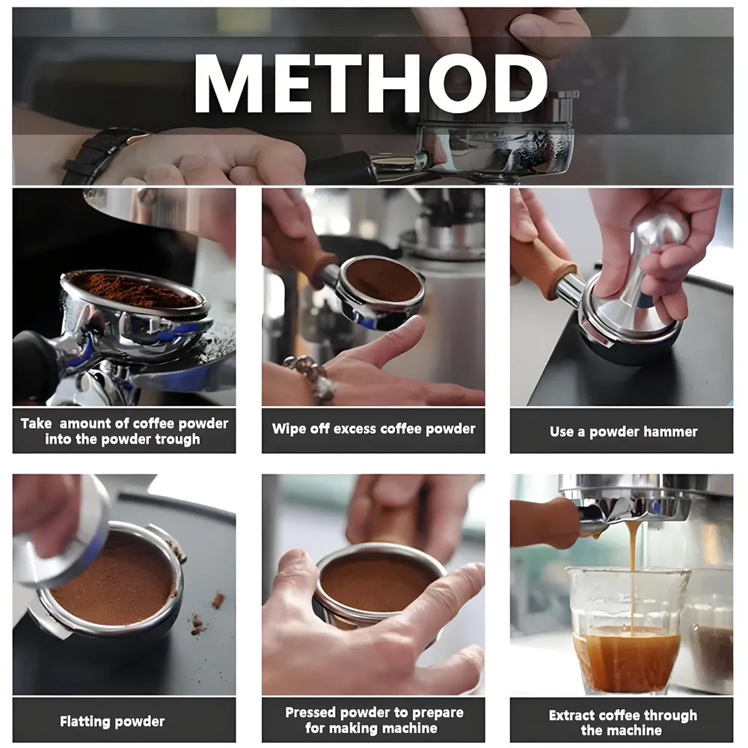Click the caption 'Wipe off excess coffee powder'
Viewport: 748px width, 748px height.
[373, 429]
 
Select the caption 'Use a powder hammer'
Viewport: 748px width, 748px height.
[622, 431]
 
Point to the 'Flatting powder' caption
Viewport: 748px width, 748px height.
[112, 722]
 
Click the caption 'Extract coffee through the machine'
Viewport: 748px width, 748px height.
[622, 723]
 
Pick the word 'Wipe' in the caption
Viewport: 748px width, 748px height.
[288, 429]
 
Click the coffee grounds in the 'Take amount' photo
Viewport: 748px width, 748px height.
[138, 292]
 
